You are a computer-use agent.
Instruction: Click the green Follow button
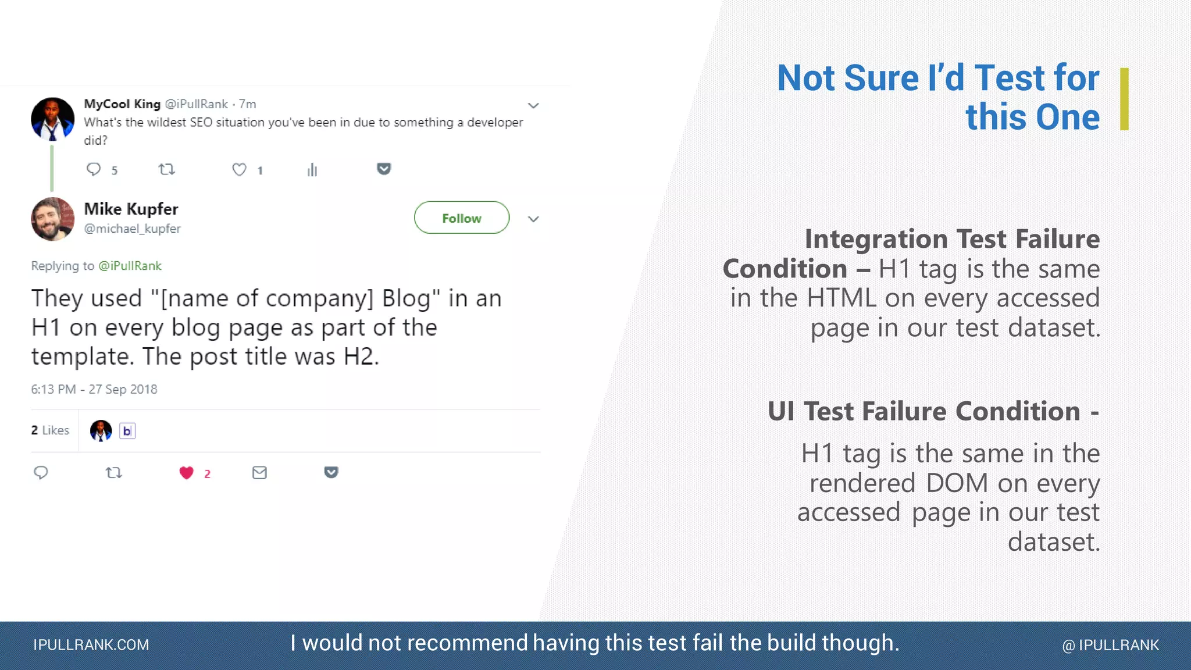pyautogui.click(x=461, y=218)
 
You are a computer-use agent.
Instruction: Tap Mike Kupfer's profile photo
pyautogui.click(x=52, y=219)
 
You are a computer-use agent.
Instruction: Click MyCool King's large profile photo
pyautogui.click(x=52, y=119)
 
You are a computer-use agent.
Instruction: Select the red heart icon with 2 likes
pyautogui.click(x=186, y=473)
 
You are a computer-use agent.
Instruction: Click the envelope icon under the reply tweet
pyautogui.click(x=259, y=473)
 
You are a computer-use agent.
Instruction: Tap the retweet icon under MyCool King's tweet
pyautogui.click(x=166, y=169)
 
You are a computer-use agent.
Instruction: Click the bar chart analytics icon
pyautogui.click(x=312, y=170)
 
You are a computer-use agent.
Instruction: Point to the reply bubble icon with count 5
pyautogui.click(x=94, y=169)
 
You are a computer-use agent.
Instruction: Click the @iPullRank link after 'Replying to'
pyautogui.click(x=130, y=266)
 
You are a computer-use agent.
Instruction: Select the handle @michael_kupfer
pyautogui.click(x=133, y=229)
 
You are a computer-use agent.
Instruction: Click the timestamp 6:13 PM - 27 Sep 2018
pyautogui.click(x=94, y=389)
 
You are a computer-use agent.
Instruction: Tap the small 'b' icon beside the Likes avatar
pyautogui.click(x=127, y=431)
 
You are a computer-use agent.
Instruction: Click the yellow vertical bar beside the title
pyautogui.click(x=1124, y=99)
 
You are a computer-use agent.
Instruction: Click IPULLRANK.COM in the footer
pyautogui.click(x=91, y=645)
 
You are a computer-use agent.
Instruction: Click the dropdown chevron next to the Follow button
pyautogui.click(x=533, y=219)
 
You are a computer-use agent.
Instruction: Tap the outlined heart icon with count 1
pyautogui.click(x=239, y=169)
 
